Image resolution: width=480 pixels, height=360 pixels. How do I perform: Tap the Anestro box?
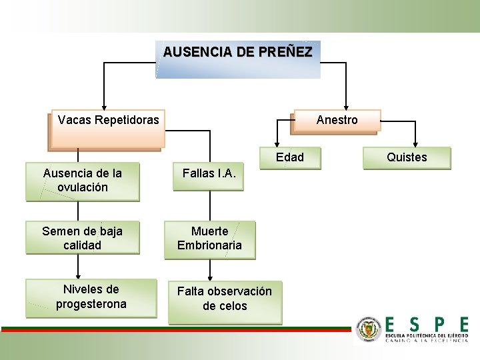[337, 120]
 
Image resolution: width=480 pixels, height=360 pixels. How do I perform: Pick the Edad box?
[290, 158]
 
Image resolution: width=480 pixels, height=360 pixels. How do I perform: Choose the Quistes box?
[407, 158]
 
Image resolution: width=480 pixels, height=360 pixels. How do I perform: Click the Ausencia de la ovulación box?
[83, 181]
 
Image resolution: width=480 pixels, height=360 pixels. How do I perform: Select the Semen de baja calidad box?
[83, 238]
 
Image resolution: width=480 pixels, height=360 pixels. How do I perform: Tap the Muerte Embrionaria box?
[210, 239]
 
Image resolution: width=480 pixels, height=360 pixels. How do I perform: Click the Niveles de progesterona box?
[91, 297]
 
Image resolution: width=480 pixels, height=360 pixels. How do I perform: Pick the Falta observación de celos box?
[225, 299]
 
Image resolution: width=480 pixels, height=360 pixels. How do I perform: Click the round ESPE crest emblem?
[369, 329]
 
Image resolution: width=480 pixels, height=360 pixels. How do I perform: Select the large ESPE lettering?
[427, 325]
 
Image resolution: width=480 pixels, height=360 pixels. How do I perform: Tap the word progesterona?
[91, 305]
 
